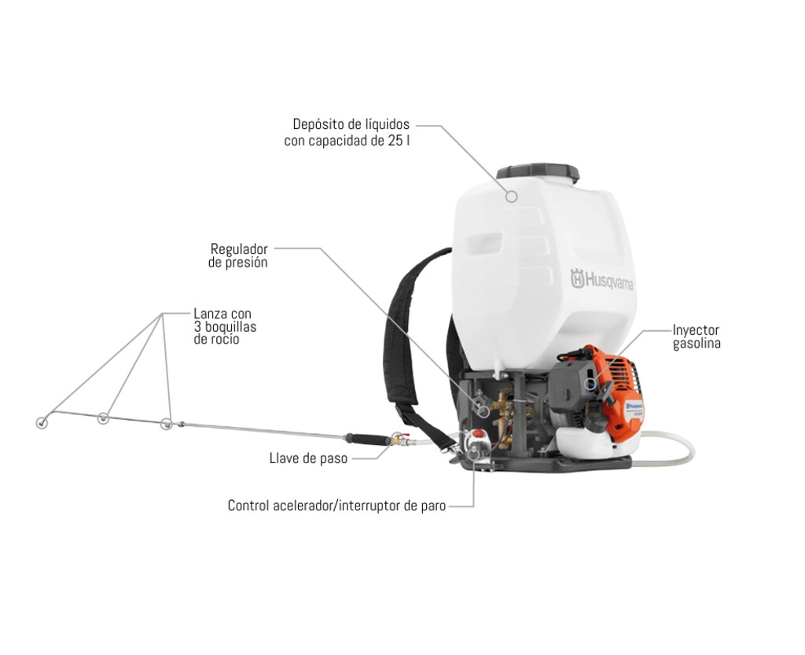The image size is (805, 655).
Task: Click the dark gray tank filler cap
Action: coord(538,172)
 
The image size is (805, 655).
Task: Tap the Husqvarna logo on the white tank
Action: coord(601,280)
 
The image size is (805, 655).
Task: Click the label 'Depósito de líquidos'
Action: coord(351,124)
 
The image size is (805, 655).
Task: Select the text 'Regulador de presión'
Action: coord(238,256)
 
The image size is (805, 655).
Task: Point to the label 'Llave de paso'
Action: coord(308,458)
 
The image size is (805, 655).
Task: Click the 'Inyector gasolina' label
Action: coord(697,337)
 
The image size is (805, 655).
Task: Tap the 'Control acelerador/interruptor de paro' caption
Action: coord(336,506)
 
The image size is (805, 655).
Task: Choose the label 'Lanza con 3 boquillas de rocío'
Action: coord(224,326)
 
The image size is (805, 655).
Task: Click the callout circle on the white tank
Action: coord(511,196)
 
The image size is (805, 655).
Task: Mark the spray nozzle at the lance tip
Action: coord(42,423)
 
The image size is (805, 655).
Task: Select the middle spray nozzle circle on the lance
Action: coord(103,418)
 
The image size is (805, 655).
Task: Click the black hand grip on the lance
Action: coord(367,439)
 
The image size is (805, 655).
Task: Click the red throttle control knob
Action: coord(478,434)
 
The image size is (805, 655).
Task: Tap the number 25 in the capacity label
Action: coord(396,141)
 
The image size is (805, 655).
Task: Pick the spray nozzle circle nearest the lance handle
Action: coord(166,424)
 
